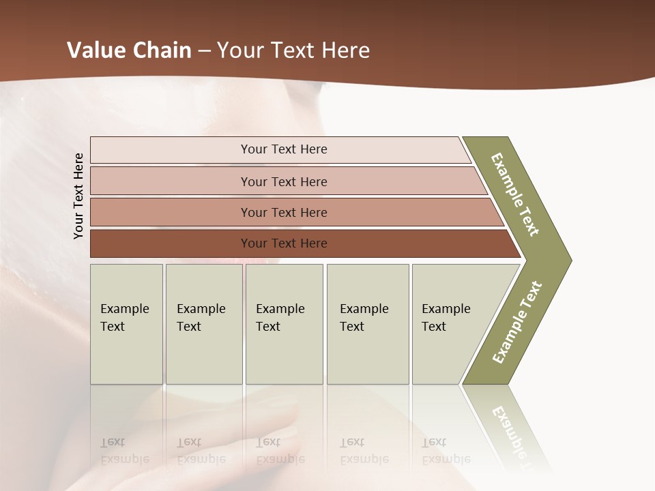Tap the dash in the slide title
coord(204,51)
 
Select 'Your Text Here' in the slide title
coord(293,50)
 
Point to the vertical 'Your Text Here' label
coord(78,196)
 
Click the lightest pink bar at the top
coord(283,149)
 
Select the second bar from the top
coord(283,181)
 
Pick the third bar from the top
coord(283,212)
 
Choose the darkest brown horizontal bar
coord(283,243)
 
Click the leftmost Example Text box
coord(126,323)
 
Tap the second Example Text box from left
coord(203,323)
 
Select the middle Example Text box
coord(284,323)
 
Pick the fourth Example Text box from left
coord(368,323)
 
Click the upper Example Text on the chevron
coord(516,194)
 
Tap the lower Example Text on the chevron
coord(516,322)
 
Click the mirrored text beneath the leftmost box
coord(124,451)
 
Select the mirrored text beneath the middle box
coord(280,451)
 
